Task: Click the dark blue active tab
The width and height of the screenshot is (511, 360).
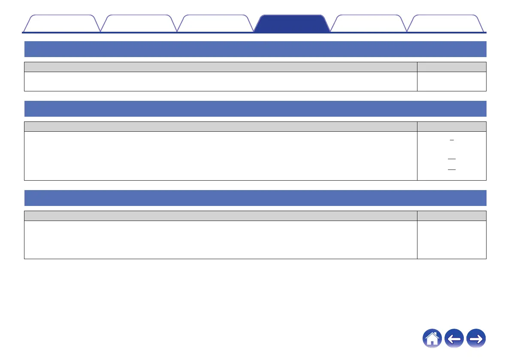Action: click(292, 24)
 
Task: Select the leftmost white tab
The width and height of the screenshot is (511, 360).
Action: click(61, 24)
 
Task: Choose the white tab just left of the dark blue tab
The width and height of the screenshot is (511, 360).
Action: click(215, 24)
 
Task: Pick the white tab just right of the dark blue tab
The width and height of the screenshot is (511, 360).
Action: click(369, 24)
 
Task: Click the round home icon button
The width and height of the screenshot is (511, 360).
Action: click(432, 339)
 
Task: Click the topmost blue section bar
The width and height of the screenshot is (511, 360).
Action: click(255, 49)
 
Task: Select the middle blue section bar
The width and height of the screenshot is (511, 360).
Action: click(255, 109)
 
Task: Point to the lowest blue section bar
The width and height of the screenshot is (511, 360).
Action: click(255, 198)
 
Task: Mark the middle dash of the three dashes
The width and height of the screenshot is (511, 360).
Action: click(451, 159)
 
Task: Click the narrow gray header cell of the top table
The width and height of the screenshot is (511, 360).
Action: click(451, 67)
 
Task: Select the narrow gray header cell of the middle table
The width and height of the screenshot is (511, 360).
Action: click(451, 126)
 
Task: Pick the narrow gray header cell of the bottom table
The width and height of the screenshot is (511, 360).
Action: click(451, 215)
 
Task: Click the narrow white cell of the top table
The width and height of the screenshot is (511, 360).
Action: click(451, 81)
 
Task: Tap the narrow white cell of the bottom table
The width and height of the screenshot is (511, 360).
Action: click(451, 239)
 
